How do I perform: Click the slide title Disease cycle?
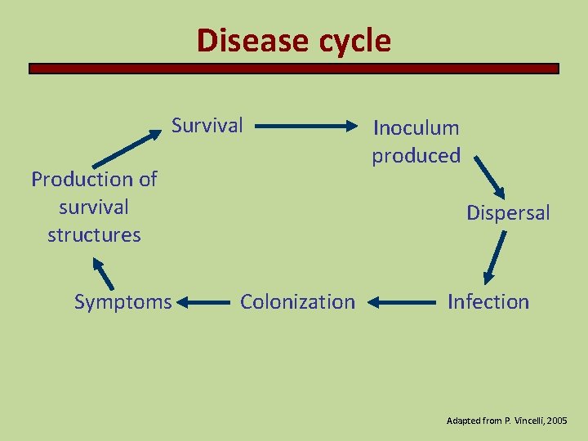point(294,40)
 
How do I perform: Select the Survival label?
point(207,126)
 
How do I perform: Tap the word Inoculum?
point(416,127)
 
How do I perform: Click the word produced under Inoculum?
point(416,155)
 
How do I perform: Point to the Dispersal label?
point(508,213)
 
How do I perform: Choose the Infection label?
point(488,302)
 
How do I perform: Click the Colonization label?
point(297,302)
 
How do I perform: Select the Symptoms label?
point(122,302)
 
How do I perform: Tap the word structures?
point(94,235)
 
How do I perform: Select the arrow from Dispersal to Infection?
point(495,257)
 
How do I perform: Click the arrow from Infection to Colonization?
point(401,303)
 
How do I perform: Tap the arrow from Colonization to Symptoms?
point(204,303)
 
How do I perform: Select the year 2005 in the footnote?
point(557,420)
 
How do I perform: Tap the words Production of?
point(94,179)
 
